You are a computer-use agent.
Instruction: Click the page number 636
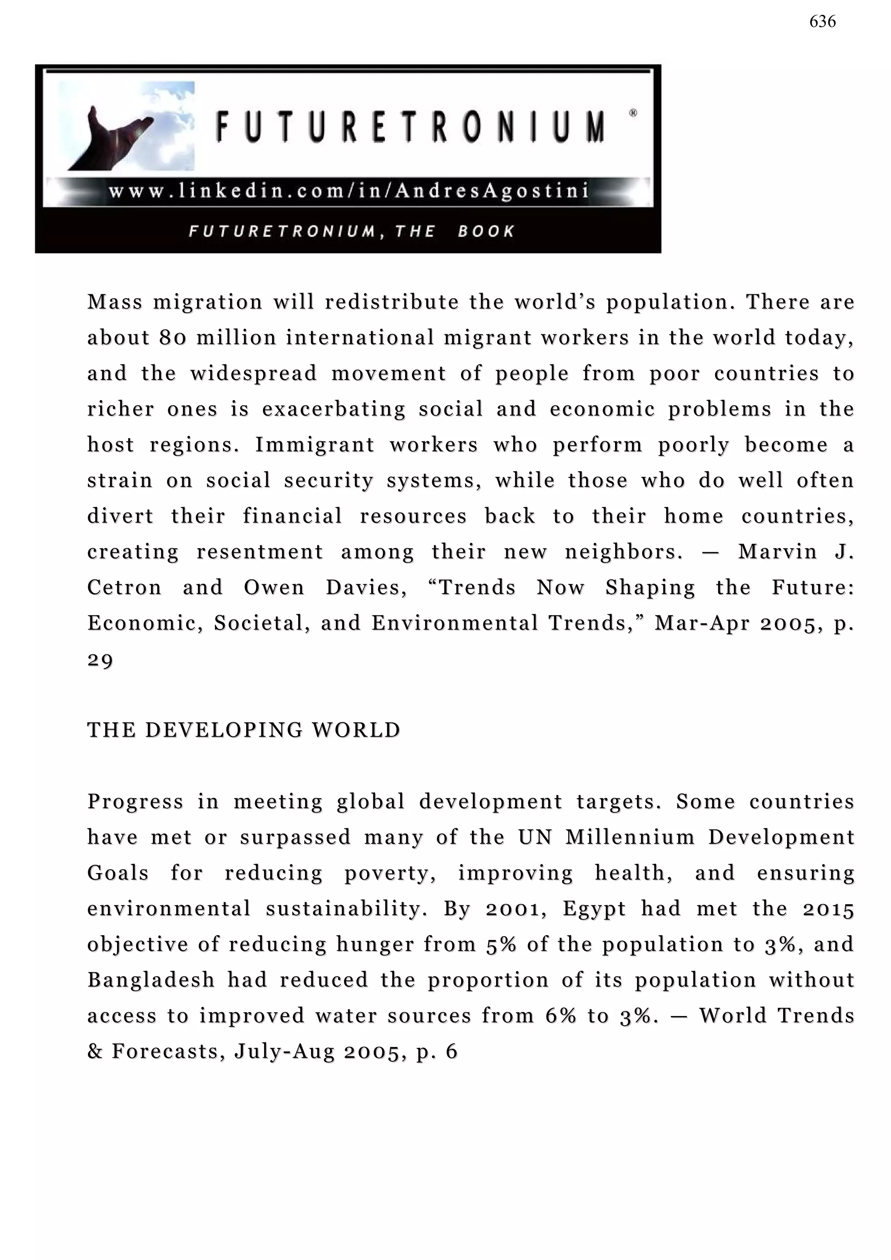pos(822,22)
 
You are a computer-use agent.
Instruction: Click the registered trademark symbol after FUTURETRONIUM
pos(633,113)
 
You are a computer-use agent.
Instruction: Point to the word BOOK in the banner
pos(486,231)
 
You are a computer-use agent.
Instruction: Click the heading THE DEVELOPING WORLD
pos(244,730)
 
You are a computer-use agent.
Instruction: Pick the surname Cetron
pos(124,588)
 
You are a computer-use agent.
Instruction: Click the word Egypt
pos(594,909)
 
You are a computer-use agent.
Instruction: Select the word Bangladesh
pos(151,980)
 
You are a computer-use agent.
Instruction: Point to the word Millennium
pos(630,837)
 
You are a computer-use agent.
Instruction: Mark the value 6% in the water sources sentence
pos(560,1016)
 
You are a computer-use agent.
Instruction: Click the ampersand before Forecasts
pos(94,1051)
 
